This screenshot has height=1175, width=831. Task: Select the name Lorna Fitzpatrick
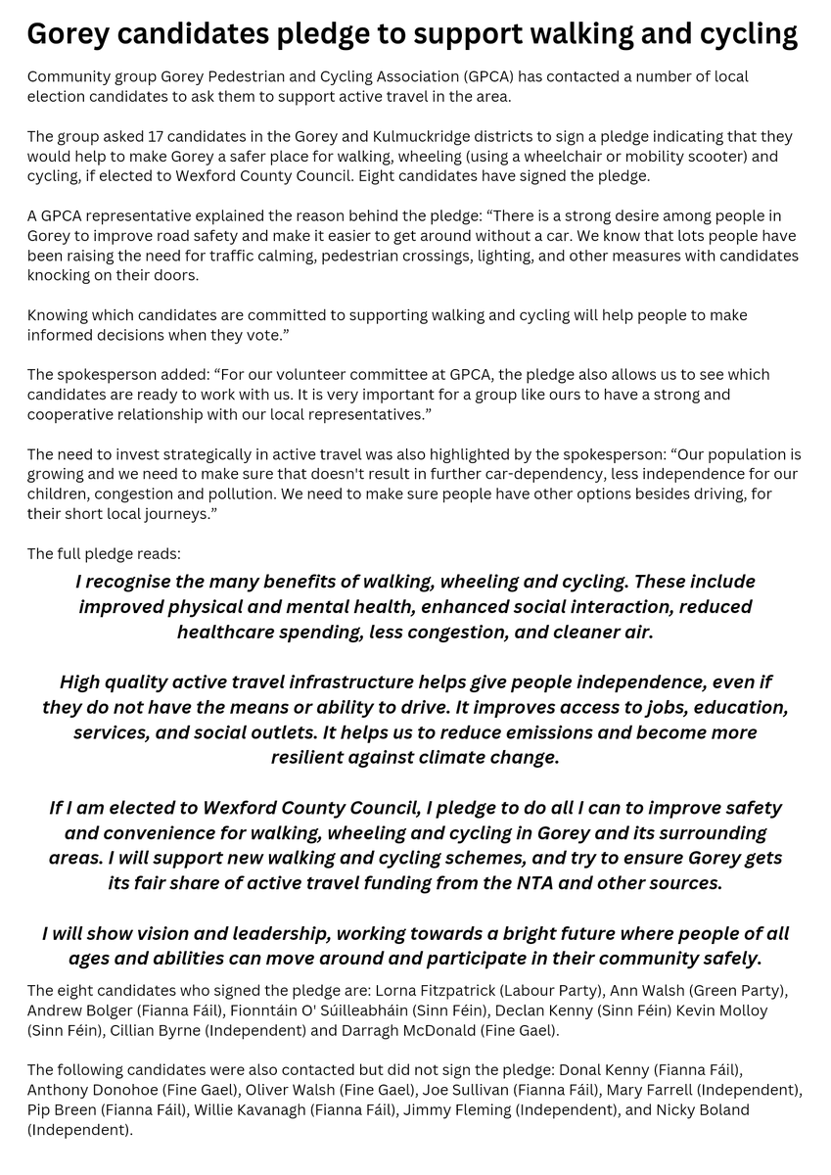click(x=462, y=991)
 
